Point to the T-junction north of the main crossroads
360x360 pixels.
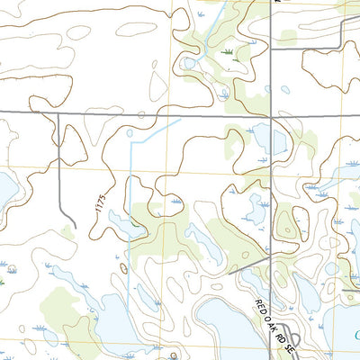pos(271,48)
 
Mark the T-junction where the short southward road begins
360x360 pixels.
pos(58,112)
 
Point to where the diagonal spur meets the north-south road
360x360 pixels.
pos(271,256)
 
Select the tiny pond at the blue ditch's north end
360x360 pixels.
pos(130,135)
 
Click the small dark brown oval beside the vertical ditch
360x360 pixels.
pos(123,267)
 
